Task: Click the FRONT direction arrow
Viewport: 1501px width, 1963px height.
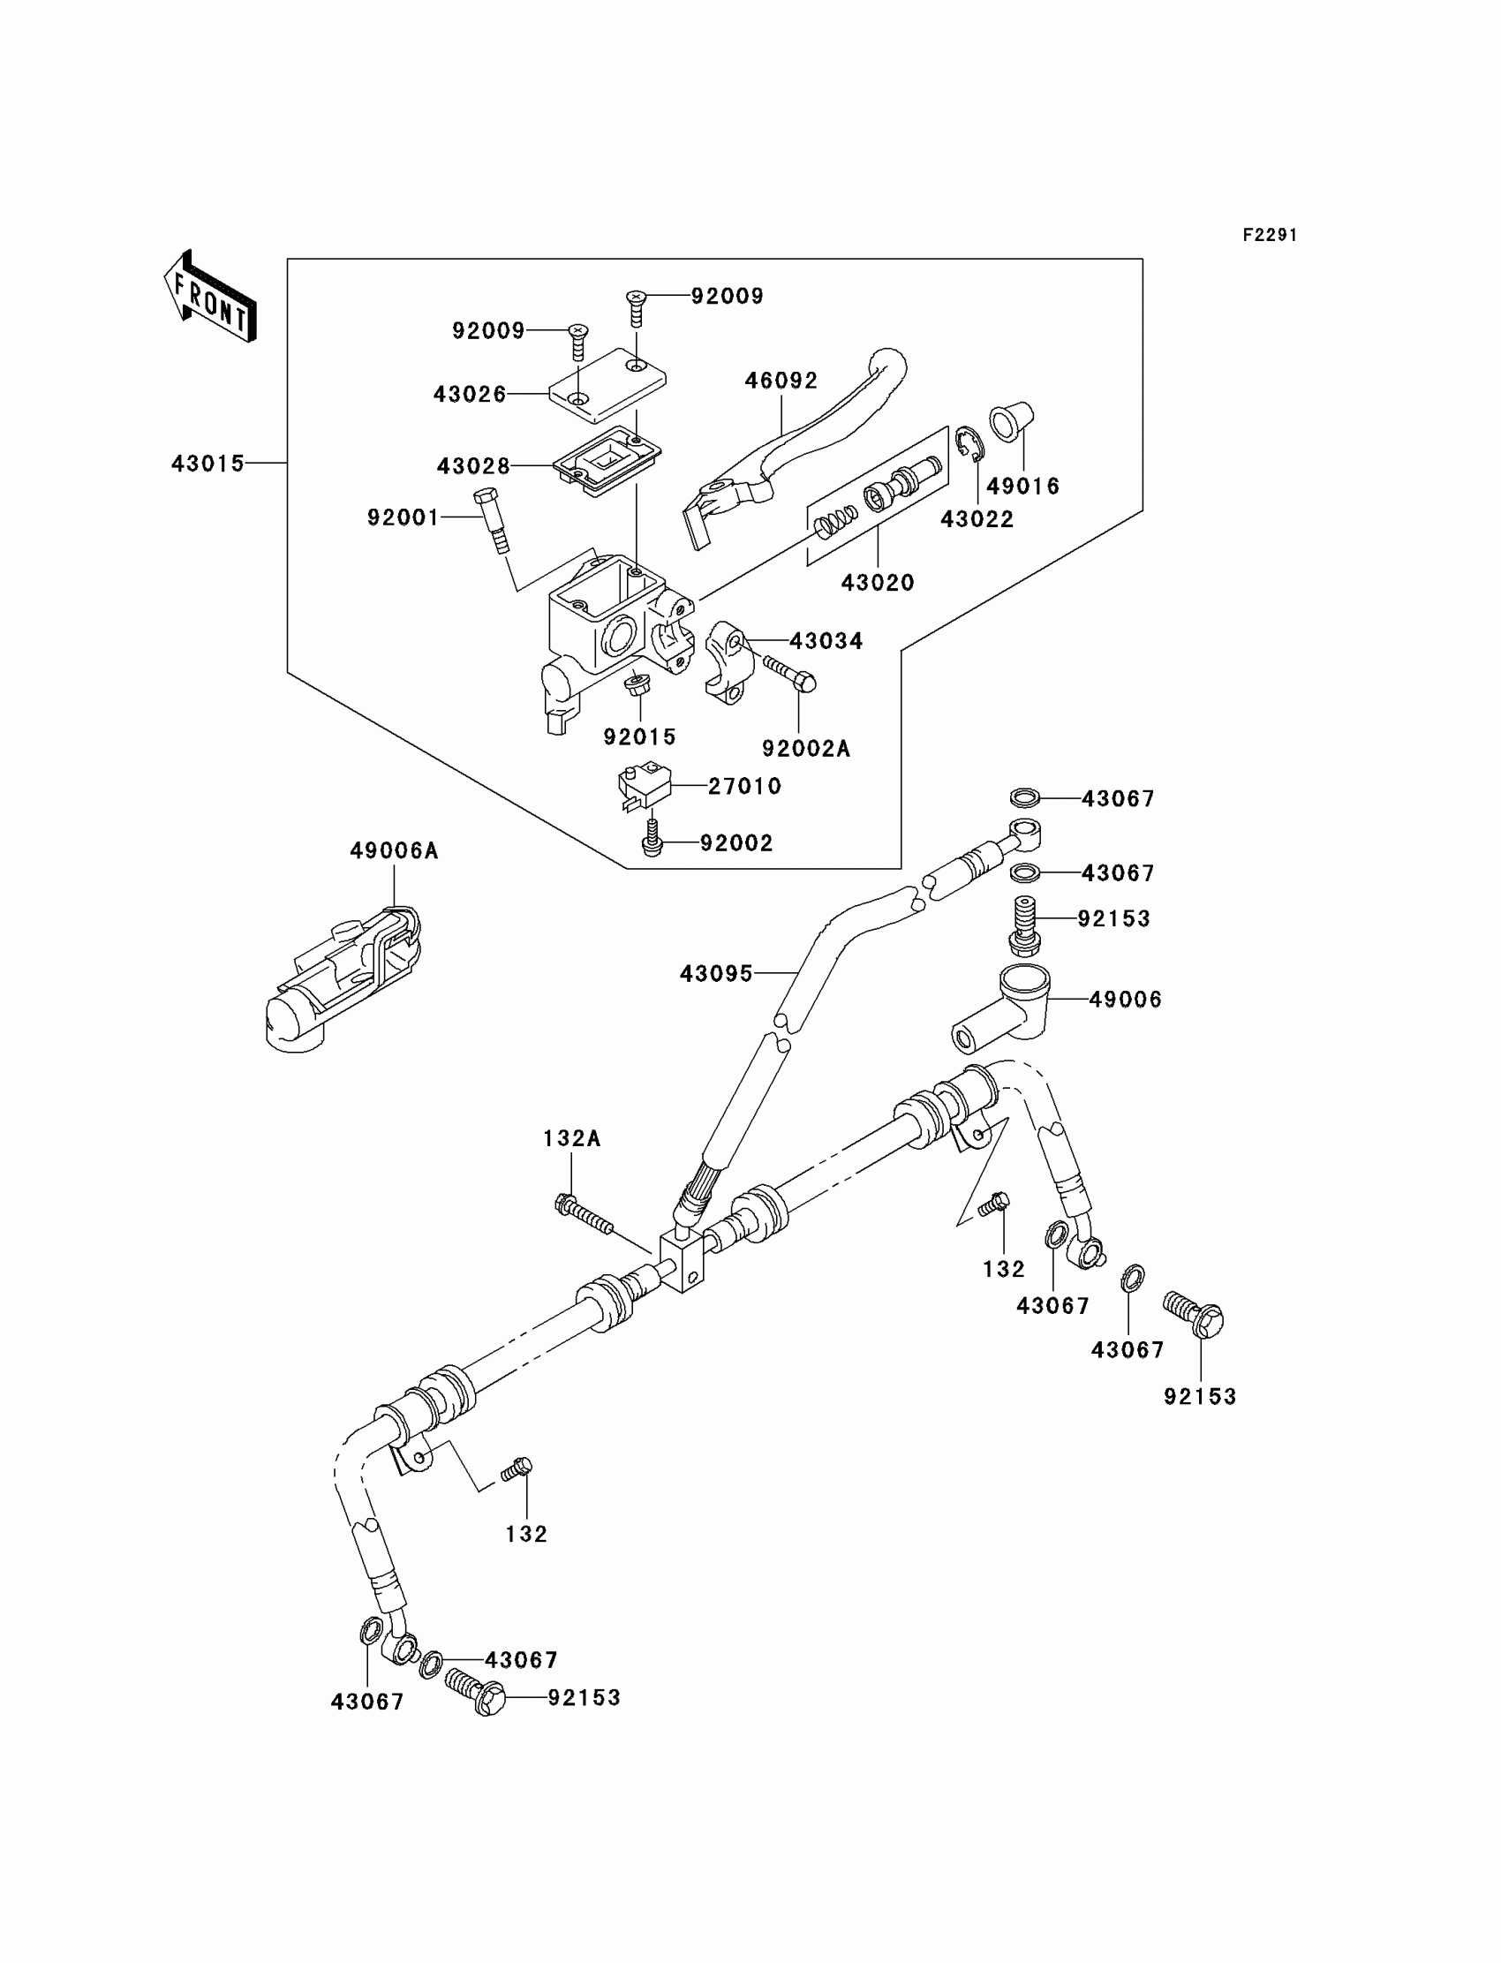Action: point(210,296)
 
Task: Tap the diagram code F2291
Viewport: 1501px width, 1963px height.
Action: point(1270,235)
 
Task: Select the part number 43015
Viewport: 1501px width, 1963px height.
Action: point(207,464)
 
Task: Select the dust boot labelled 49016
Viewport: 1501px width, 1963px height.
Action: point(1011,422)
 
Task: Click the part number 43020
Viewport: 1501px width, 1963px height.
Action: point(878,583)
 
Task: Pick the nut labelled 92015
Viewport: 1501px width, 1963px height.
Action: point(636,687)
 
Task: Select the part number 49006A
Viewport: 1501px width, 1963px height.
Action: point(393,850)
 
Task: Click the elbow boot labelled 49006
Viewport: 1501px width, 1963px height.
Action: point(1000,1007)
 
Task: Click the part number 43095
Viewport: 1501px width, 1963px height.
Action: point(717,973)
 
